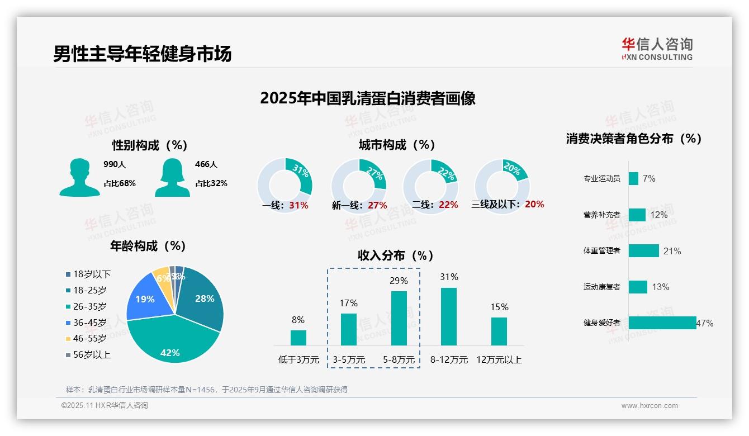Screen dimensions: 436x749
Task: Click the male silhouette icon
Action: tap(79, 177)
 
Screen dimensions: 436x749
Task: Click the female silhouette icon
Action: tap(172, 177)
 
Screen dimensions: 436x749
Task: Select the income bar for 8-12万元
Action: tap(449, 316)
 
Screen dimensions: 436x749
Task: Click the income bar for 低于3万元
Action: tap(298, 338)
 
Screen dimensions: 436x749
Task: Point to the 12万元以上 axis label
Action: tap(499, 360)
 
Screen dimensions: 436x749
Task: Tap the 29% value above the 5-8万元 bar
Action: tap(399, 281)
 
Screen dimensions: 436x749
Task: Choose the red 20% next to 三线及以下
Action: tap(534, 205)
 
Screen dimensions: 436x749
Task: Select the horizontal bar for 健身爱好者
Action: tap(662, 323)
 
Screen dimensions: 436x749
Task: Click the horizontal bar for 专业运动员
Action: tap(633, 178)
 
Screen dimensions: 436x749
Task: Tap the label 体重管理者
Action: tap(601, 250)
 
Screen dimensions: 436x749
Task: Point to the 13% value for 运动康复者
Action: tap(660, 287)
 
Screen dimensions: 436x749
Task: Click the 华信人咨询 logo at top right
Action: tap(657, 49)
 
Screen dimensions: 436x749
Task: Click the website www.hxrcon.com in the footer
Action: tap(650, 406)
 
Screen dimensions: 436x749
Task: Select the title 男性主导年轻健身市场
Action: tap(142, 54)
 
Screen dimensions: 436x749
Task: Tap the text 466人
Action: tap(206, 164)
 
